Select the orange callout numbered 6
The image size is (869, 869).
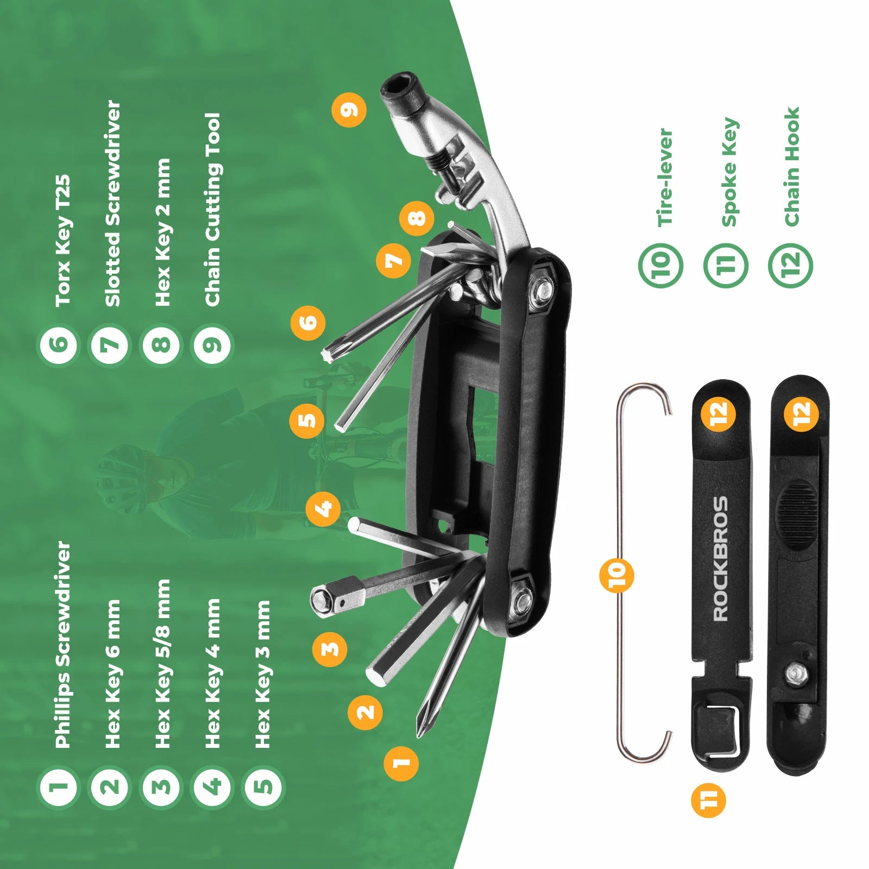pos(308,322)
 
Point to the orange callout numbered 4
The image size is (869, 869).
pos(323,509)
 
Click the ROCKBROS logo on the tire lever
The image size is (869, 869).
pos(721,559)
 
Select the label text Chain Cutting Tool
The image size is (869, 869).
pos(213,210)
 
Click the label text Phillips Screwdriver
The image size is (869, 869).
pos(63,644)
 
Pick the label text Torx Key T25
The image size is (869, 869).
pos(63,240)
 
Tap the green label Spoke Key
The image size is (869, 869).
pos(729,172)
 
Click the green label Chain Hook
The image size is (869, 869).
pos(792,166)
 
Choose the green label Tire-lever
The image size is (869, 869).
pos(665,178)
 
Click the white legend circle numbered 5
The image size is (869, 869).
pos(263,786)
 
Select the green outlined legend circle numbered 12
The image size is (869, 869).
pos(791,265)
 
